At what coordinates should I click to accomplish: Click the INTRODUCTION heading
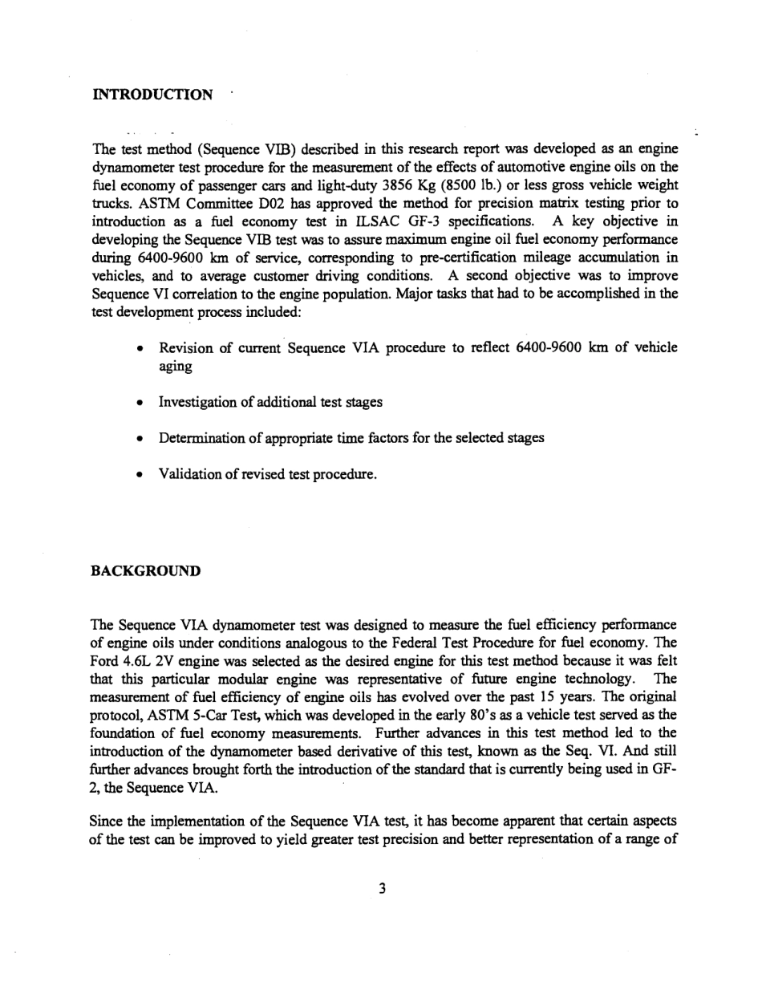click(153, 95)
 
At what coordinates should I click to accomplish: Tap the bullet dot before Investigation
click(140, 403)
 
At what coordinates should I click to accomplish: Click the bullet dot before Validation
click(140, 475)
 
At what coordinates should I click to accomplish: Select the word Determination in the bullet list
click(200, 438)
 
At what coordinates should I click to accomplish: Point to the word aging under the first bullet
click(176, 366)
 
